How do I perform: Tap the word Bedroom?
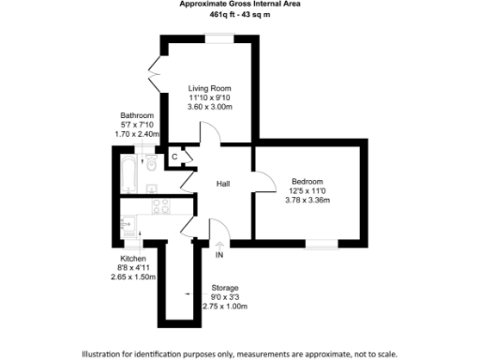307,181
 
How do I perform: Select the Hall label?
224,184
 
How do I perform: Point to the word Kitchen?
131,258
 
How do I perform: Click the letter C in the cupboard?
174,157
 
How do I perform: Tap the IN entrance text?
219,255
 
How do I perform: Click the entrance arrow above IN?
219,245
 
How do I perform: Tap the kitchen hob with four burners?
157,203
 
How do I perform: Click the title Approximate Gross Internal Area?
239,4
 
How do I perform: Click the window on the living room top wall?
221,37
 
